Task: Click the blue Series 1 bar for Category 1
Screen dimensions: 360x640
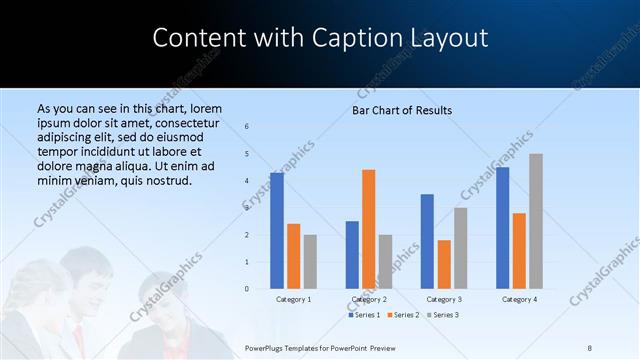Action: (277, 231)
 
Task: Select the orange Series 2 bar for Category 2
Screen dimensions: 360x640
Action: (369, 229)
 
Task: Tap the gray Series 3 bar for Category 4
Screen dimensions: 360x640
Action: (536, 221)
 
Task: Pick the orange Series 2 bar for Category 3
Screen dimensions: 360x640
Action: (444, 264)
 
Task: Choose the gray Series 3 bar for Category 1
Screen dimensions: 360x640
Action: (310, 262)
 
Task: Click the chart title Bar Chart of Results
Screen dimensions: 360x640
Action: (402, 110)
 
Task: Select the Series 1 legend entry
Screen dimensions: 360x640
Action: (364, 315)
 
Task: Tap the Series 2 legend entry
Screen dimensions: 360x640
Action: (406, 315)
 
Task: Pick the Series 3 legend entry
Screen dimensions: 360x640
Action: (444, 315)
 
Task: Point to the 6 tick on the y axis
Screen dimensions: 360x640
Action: (247, 127)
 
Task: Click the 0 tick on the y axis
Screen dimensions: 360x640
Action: (247, 289)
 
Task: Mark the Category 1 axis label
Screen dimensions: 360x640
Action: (293, 299)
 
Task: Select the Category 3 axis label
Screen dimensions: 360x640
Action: (444, 299)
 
